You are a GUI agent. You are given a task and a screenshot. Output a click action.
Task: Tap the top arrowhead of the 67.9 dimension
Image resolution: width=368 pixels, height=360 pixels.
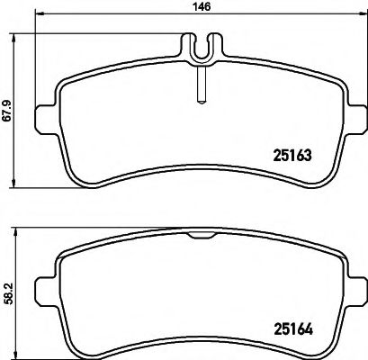(x=20, y=39)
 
